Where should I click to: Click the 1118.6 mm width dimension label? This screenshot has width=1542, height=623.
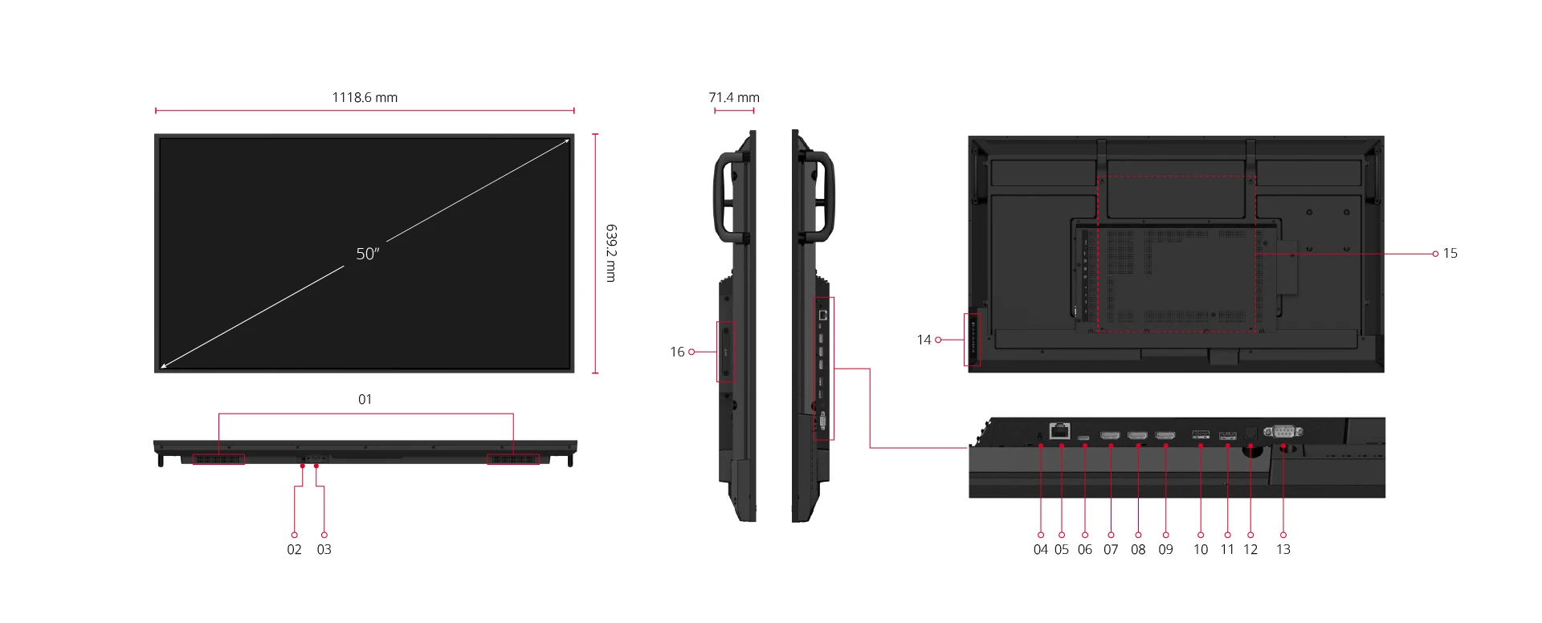365,97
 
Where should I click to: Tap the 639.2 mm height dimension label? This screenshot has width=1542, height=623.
610,253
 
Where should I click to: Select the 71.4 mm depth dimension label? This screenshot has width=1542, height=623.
734,97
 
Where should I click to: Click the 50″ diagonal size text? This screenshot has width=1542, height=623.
367,254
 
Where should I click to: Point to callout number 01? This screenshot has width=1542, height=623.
365,399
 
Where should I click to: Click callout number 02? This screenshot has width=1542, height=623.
295,549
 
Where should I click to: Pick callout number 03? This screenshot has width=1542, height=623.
324,549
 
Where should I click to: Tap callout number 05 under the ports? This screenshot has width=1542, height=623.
1062,549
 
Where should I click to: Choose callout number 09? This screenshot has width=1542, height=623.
1165,549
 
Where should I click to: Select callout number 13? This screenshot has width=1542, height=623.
1283,549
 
